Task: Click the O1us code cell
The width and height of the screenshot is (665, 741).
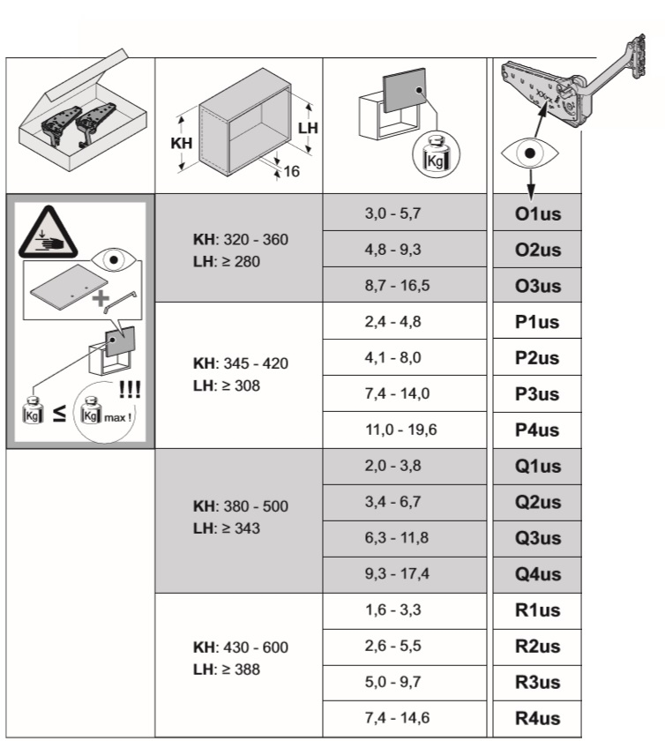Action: click(537, 213)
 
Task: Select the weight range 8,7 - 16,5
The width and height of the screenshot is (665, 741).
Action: click(398, 286)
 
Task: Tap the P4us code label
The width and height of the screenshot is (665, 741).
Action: click(537, 430)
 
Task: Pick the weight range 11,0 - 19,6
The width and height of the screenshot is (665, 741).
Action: click(401, 430)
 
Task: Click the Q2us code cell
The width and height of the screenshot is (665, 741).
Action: click(537, 503)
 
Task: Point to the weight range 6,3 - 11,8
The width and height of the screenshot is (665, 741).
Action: click(398, 539)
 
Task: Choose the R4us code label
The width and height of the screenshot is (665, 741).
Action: click(537, 719)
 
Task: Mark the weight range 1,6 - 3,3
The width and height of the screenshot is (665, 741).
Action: click(392, 611)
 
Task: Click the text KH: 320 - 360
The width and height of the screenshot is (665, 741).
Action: click(240, 240)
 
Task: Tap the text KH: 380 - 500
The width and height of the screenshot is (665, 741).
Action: click(240, 507)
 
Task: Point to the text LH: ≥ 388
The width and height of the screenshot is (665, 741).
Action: click(227, 669)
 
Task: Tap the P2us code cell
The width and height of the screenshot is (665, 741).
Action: click(537, 358)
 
